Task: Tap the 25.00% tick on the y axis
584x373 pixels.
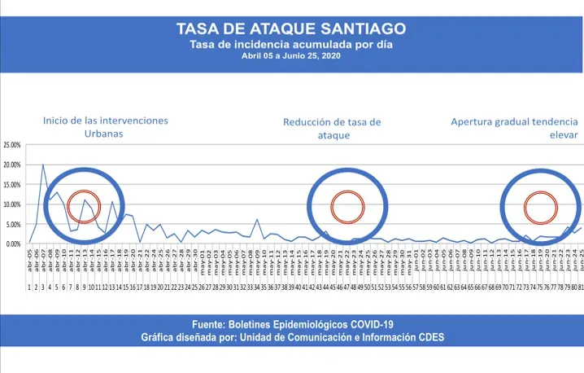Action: (13, 145)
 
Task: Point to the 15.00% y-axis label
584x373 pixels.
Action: (13, 185)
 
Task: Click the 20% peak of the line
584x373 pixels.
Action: (43, 165)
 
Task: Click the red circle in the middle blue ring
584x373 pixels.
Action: (347, 206)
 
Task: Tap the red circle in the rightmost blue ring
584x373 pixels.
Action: (540, 206)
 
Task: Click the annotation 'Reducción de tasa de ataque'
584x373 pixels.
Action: (332, 129)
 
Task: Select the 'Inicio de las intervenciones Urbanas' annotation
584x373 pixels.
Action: (106, 127)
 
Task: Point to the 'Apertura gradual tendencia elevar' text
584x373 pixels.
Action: (515, 129)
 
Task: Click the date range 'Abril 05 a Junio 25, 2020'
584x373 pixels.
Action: (291, 56)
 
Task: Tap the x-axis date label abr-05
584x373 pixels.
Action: (29, 265)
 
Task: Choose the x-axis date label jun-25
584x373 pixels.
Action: (580, 265)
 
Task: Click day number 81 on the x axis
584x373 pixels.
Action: (580, 287)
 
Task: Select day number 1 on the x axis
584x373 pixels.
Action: (29, 287)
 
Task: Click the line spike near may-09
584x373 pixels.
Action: (257, 220)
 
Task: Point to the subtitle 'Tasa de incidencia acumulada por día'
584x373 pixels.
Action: (291, 45)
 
